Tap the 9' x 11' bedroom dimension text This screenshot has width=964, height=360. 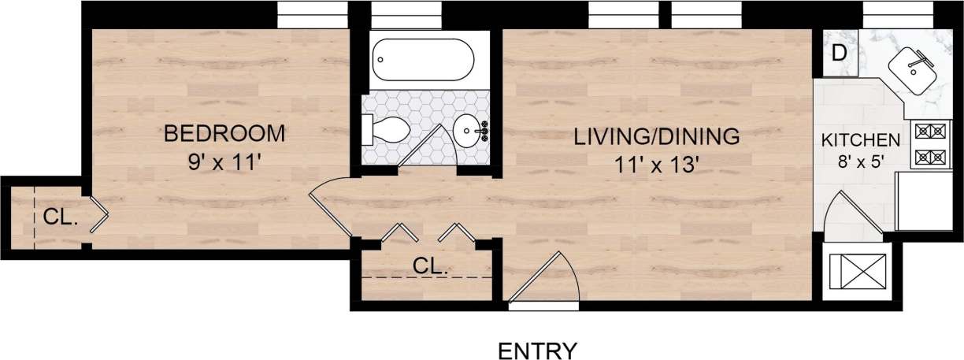(x=224, y=164)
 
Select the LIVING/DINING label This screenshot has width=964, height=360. (x=656, y=136)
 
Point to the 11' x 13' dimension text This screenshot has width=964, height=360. (x=656, y=165)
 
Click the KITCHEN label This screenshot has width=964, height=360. (x=860, y=141)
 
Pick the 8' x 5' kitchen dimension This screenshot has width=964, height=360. (x=860, y=165)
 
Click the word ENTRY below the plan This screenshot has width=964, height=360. (x=539, y=349)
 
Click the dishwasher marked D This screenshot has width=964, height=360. (x=839, y=53)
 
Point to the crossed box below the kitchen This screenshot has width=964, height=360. (x=855, y=271)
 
